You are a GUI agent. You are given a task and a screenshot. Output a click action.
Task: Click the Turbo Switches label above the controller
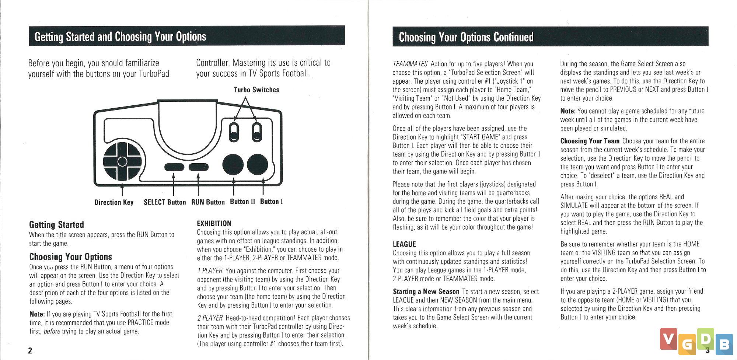[x=256, y=90]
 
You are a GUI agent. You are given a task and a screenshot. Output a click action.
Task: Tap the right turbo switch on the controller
[x=257, y=133]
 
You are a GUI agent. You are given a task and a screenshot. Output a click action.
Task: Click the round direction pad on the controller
[x=122, y=161]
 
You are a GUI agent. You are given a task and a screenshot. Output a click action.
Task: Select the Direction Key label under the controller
[x=113, y=202]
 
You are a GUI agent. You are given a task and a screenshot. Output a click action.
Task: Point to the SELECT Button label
[x=165, y=202]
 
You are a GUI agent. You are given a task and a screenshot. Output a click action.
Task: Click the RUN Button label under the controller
[x=208, y=202]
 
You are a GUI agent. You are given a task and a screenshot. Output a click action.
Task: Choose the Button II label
[x=242, y=202]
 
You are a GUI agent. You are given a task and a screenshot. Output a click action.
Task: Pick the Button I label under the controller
[x=271, y=202]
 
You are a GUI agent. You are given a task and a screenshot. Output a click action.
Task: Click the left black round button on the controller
[x=233, y=165]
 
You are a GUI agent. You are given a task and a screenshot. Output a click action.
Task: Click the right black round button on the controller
[x=258, y=165]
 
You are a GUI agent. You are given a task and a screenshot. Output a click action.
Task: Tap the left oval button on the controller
[x=174, y=167]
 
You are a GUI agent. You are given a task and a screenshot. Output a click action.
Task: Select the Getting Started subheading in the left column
[x=56, y=224]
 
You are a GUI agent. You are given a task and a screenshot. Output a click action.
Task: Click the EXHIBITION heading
[x=214, y=223]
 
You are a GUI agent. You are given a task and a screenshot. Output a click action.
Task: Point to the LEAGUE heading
[x=404, y=244]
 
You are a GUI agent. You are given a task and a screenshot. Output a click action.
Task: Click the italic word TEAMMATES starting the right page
[x=410, y=64]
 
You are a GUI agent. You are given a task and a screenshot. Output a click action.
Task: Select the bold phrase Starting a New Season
[x=426, y=291]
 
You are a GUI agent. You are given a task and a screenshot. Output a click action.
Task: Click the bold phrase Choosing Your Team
[x=590, y=141]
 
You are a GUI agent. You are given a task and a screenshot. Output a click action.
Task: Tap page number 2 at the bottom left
[x=30, y=350]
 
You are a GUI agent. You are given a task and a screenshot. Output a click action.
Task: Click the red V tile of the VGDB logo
[x=668, y=339]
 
